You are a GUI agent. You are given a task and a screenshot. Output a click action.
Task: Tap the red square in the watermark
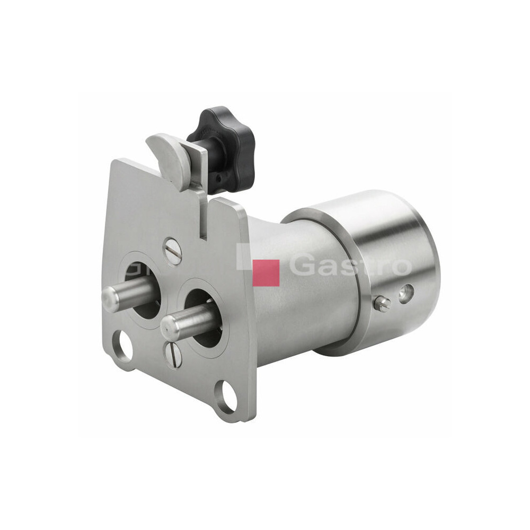(x=266, y=273)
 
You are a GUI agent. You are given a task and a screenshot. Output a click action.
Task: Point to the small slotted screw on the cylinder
(x=383, y=302)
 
